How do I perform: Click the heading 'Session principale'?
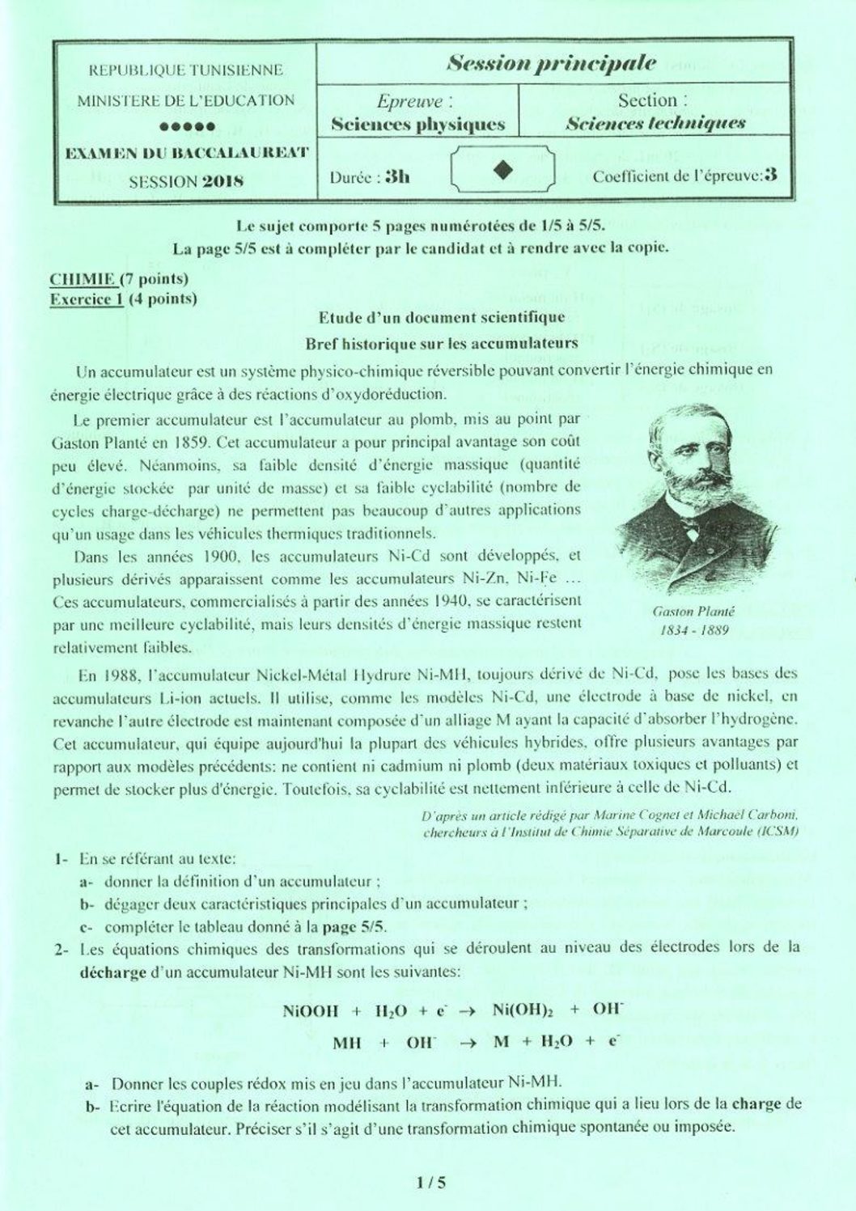pos(551,63)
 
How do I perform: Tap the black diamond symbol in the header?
pos(502,169)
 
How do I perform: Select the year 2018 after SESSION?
pos(222,181)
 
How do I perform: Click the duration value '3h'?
pos(396,176)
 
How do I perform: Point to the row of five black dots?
pos(187,126)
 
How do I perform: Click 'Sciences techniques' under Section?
pos(655,124)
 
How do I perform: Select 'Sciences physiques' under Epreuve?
pos(417,125)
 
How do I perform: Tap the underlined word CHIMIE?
pos(83,279)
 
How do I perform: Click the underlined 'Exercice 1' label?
pos(87,299)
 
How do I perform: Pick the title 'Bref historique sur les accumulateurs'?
pos(441,343)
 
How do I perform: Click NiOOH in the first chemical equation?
pos(310,1010)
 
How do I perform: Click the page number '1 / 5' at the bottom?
pos(430,1183)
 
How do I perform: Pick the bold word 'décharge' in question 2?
pos(113,972)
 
